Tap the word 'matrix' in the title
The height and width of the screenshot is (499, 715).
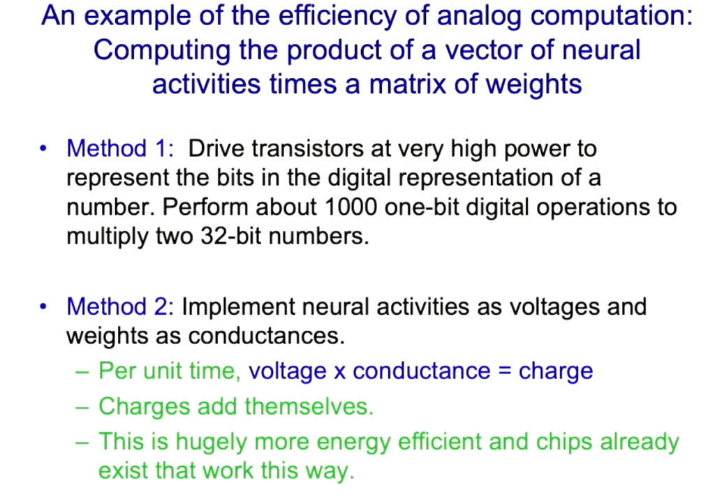(x=407, y=84)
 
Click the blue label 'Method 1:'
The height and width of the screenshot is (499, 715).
(x=120, y=149)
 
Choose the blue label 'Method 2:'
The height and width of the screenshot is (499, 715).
(x=120, y=306)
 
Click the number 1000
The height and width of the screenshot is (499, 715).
(x=351, y=207)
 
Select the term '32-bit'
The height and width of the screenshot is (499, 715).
(x=231, y=237)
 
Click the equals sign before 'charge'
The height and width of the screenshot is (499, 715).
(x=504, y=371)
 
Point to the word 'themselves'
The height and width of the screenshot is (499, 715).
(x=309, y=406)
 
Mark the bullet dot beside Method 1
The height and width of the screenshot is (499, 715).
(x=43, y=149)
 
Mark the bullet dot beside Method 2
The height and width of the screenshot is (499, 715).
(x=43, y=306)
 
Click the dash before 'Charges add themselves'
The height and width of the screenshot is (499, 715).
(x=82, y=407)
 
